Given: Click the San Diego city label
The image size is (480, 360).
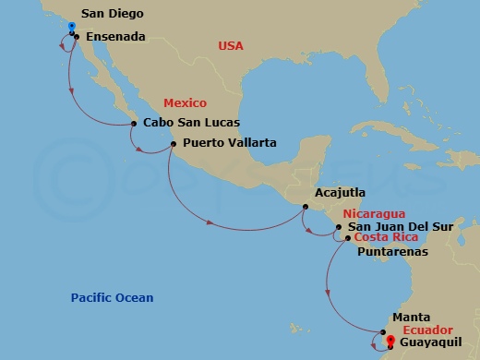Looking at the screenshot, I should (x=111, y=14).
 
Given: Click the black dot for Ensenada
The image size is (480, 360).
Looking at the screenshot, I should (x=77, y=37).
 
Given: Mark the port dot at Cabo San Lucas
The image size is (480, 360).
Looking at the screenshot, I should (x=135, y=123).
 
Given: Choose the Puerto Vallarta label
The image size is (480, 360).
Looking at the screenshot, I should (x=230, y=143).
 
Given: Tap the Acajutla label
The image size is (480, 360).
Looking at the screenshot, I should (x=341, y=194).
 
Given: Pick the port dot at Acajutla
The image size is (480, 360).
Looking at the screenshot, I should (x=306, y=206).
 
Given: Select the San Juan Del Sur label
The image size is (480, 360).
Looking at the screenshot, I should (x=396, y=226).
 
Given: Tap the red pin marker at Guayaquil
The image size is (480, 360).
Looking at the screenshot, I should (x=390, y=341).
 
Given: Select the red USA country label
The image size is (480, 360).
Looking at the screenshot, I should (x=231, y=46).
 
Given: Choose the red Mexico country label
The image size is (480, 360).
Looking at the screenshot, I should (x=185, y=103).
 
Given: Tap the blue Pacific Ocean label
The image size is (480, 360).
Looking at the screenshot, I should (x=113, y=298).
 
